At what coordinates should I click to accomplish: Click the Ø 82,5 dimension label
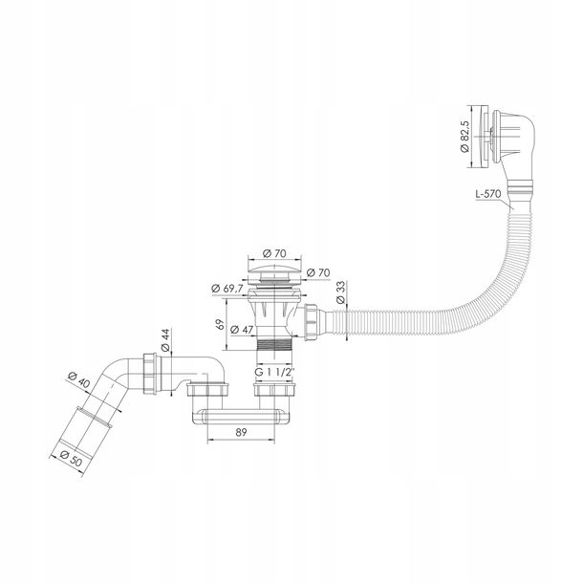465,136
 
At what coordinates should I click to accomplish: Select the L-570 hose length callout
488,194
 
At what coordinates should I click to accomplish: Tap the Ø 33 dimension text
340,292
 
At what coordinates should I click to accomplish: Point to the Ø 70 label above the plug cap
274,253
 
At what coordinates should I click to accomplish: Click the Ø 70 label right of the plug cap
318,272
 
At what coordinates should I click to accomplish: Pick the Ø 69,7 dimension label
227,288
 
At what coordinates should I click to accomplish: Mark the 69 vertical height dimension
220,324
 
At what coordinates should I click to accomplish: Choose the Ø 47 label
242,330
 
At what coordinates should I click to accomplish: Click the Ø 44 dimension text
165,340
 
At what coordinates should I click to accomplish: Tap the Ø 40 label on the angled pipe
78,380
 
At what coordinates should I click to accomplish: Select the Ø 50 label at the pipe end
71,459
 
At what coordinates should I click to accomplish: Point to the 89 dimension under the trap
241,432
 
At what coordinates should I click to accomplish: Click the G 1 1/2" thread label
274,372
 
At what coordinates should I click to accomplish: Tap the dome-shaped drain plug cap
274,267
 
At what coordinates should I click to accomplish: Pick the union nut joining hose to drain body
311,322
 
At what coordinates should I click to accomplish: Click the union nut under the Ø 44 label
152,374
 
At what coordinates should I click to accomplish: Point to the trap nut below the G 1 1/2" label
274,389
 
